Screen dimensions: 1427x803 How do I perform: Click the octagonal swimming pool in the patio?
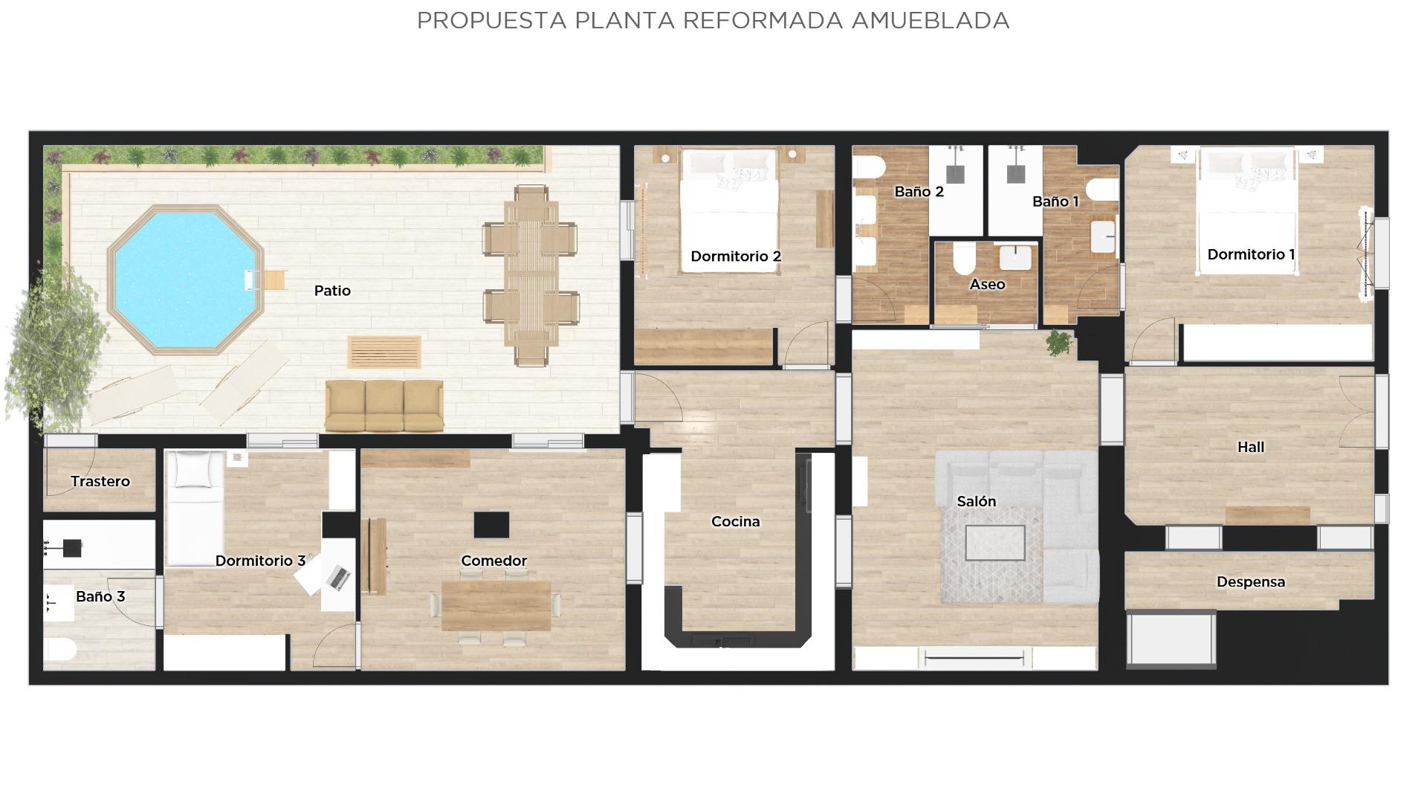pos(186,280)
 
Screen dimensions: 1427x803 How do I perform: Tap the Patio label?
pos(332,291)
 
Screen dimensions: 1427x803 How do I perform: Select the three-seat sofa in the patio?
pos(384,406)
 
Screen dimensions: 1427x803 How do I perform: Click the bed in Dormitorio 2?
pos(729,210)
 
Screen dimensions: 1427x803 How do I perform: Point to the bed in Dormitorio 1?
pos(1246,210)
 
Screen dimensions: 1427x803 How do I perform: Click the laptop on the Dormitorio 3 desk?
pos(338,577)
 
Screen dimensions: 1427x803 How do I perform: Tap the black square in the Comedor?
pos(491,525)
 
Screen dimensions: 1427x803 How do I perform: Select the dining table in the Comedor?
pos(496,606)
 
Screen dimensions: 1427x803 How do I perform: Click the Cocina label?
pos(736,522)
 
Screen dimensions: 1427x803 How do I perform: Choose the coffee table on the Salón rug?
pos(995,543)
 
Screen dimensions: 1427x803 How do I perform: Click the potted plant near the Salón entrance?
pos(1059,343)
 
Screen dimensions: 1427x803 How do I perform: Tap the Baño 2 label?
pos(919,192)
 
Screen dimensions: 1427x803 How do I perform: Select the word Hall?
pos(1251,447)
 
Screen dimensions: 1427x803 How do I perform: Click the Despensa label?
pos(1251,582)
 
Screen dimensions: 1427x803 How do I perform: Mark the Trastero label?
pos(100,482)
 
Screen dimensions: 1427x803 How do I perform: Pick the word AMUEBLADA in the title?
pos(931,21)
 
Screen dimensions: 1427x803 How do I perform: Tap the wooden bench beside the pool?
pos(384,352)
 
